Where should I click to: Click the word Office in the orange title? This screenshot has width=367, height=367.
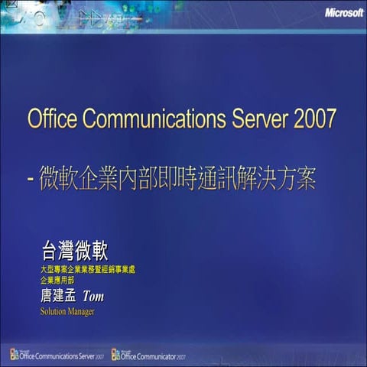[x=51, y=120]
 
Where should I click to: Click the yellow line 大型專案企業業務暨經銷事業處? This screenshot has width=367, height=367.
[x=87, y=270]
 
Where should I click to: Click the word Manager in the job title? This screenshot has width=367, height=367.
[x=80, y=312]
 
